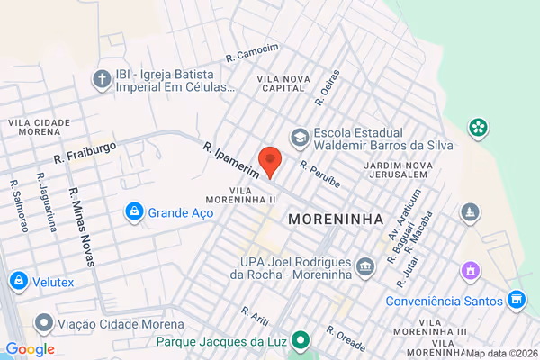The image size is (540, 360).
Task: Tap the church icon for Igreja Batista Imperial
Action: [103, 80]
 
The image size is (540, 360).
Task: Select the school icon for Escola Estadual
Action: [299, 138]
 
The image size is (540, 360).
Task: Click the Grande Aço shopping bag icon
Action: [134, 211]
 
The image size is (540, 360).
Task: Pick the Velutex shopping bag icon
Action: [17, 281]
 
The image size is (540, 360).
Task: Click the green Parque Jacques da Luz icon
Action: [303, 341]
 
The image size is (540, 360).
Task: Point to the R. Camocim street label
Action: [253, 53]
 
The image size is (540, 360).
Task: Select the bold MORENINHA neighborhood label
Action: [336, 219]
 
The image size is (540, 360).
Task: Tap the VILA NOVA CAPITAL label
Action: [283, 85]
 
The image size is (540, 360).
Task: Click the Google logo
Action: [30, 349]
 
